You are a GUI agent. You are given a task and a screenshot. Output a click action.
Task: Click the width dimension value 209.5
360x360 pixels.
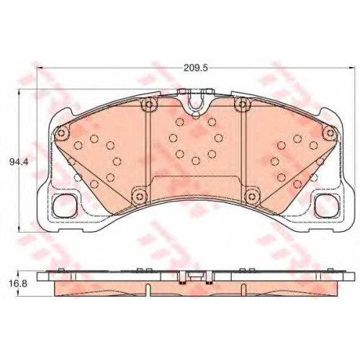pos(195,68)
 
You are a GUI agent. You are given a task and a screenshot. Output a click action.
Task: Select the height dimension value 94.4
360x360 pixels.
pos(19,162)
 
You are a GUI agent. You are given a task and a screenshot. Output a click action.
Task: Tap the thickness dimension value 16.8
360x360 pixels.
pos(19,284)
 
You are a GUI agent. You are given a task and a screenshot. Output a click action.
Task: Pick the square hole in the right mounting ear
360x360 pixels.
pos(326,205)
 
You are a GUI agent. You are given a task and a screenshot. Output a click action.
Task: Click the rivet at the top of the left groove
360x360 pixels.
pos(149,104)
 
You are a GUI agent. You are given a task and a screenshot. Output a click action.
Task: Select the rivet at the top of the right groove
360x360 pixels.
pos(243,104)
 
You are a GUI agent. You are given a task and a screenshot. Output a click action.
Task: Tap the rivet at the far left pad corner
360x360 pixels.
pos(61,132)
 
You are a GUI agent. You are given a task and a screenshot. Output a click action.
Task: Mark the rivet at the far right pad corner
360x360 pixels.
pos(330,132)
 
